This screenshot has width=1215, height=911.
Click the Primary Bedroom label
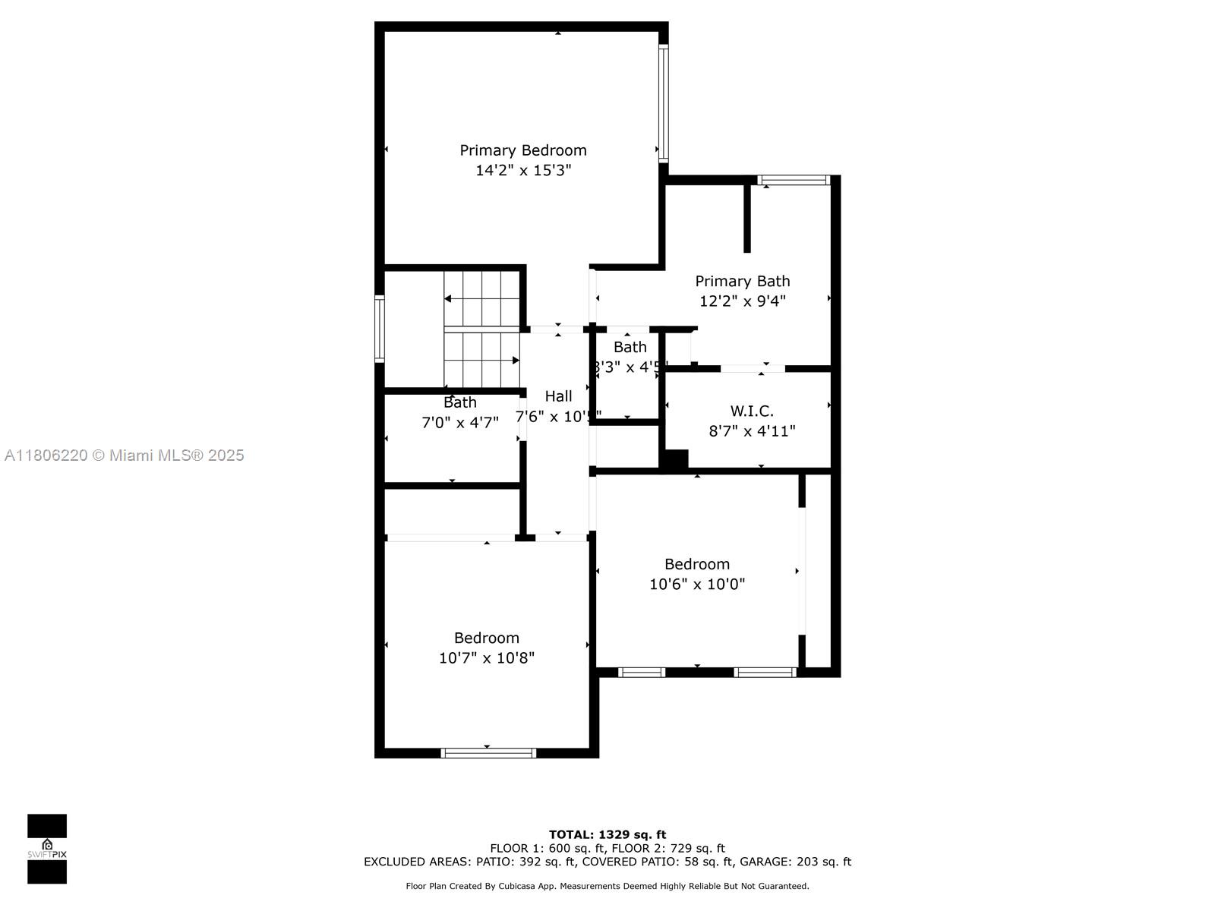pyautogui.click(x=522, y=150)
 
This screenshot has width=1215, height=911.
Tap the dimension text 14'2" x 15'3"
pyautogui.click(x=522, y=170)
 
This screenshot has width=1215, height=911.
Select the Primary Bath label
pyautogui.click(x=742, y=281)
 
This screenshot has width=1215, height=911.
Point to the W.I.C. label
pyautogui.click(x=752, y=411)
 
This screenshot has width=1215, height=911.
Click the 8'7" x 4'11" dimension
pyautogui.click(x=752, y=431)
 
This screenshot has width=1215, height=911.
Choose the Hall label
pyautogui.click(x=558, y=396)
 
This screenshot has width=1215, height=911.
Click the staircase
pyautogui.click(x=481, y=328)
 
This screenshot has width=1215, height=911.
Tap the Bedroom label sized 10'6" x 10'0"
pyautogui.click(x=696, y=564)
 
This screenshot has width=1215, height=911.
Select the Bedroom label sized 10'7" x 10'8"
pyautogui.click(x=486, y=638)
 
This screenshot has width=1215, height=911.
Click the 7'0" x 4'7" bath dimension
pyautogui.click(x=459, y=422)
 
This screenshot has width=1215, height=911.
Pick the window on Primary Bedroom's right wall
pyautogui.click(x=663, y=103)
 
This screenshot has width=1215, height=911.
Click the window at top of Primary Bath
pyautogui.click(x=794, y=180)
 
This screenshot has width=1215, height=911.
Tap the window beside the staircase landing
pyautogui.click(x=379, y=328)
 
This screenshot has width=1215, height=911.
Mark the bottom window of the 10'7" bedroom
pyautogui.click(x=488, y=753)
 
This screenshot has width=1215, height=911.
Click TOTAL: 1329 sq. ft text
pyautogui.click(x=607, y=834)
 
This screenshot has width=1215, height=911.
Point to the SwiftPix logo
pyautogui.click(x=47, y=849)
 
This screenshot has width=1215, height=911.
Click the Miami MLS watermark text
pyautogui.click(x=124, y=455)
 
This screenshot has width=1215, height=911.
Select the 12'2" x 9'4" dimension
pyautogui.click(x=742, y=301)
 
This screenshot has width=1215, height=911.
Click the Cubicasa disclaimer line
pyautogui.click(x=607, y=886)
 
